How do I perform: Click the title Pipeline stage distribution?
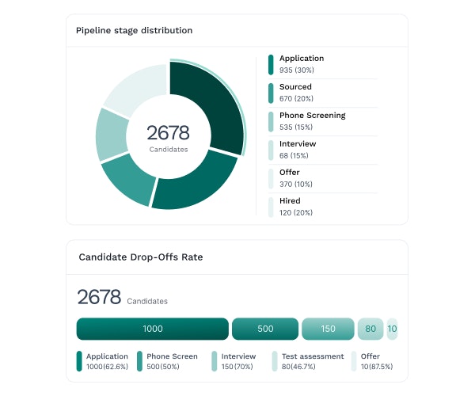134,31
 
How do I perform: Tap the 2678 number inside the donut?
168,133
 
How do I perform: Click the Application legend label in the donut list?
301,59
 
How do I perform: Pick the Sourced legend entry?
295,87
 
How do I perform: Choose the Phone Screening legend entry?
312,116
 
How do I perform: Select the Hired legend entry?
290,201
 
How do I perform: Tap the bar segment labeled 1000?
152,329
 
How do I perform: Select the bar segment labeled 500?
264,329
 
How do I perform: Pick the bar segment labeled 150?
329,329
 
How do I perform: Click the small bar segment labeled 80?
370,329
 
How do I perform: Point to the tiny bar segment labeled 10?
392,329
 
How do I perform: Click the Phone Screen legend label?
172,356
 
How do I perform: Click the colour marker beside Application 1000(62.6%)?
79,361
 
